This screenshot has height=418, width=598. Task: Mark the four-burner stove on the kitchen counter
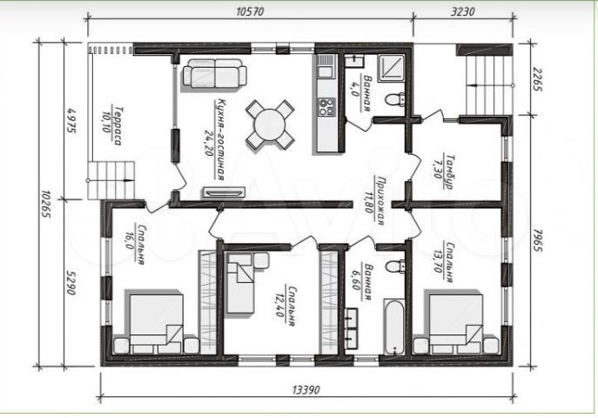click(327, 107)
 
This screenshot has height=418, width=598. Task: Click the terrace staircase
click(114, 179)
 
